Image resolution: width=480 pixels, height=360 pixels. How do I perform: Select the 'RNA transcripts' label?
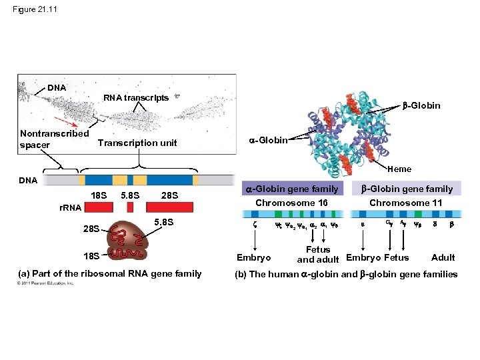(135, 98)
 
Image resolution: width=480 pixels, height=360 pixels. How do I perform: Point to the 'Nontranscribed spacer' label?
(54, 138)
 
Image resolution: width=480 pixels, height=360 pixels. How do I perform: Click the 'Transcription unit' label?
(137, 143)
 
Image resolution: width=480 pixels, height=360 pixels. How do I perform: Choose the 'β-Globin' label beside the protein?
(421, 105)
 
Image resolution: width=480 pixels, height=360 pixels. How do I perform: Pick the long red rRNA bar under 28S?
(169, 207)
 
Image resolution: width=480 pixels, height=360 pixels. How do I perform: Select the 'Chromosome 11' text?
(405, 203)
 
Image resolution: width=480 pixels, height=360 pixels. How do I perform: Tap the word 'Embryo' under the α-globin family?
(254, 257)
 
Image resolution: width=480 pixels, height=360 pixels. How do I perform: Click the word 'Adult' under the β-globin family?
(443, 257)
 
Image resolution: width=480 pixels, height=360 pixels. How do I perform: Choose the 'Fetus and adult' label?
(318, 255)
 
